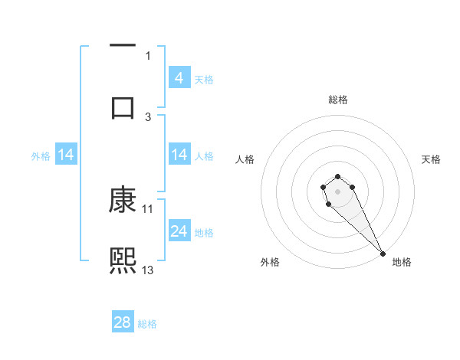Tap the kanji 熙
(x=123, y=260)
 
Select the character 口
(x=123, y=107)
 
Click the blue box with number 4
(x=179, y=77)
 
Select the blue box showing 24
(x=179, y=231)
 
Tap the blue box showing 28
(x=123, y=322)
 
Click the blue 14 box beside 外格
(x=66, y=155)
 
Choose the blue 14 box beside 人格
(x=179, y=155)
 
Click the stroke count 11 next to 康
(x=148, y=208)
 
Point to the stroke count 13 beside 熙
(x=148, y=270)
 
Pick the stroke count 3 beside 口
(x=148, y=116)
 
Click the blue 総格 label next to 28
(x=147, y=324)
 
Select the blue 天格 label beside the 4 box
(x=204, y=79)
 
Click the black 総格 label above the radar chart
(x=338, y=100)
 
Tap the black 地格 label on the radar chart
(x=402, y=262)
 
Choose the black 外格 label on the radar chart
(x=270, y=262)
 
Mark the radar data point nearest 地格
(x=383, y=253)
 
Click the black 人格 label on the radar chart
(x=245, y=159)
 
